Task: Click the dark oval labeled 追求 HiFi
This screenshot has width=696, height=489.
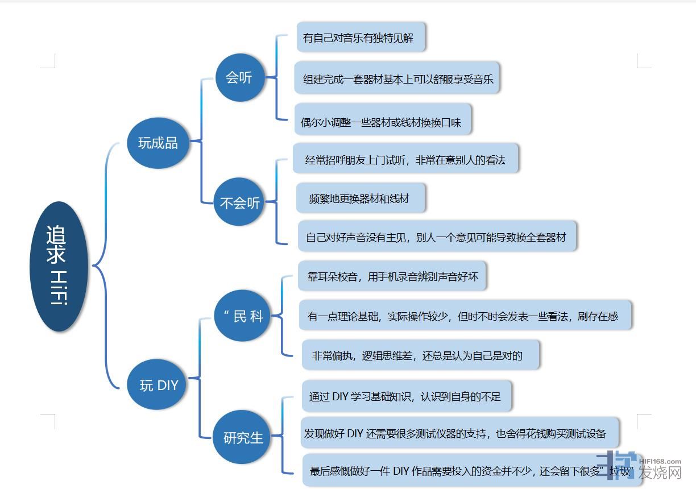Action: point(59,266)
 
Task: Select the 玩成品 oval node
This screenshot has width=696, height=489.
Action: point(158,142)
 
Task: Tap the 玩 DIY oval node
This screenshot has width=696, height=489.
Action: point(159,385)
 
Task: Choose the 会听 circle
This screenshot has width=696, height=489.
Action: point(239,77)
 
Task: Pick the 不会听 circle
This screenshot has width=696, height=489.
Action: point(240,202)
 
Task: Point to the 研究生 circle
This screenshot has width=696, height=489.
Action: point(243,437)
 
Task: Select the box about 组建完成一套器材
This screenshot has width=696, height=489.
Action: point(397,78)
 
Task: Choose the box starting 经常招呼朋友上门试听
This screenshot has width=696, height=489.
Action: point(405,159)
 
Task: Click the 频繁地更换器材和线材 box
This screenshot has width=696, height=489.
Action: point(361,198)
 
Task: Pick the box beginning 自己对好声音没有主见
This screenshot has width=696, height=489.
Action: point(437,237)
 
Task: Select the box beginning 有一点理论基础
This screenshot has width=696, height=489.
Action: point(465,316)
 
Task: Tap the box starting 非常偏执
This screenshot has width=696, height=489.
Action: point(420,355)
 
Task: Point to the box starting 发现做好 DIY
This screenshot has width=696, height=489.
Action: point(459,433)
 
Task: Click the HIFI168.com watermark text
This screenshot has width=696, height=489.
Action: point(660,462)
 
